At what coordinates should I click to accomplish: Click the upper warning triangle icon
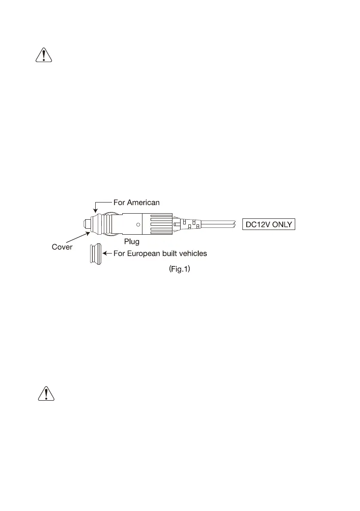[43, 56]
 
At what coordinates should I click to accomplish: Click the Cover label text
[62, 248]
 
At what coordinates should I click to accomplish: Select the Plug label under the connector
[132, 242]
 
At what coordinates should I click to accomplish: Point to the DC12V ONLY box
[269, 224]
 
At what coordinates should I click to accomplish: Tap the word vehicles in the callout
[192, 254]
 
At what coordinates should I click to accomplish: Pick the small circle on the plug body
[138, 224]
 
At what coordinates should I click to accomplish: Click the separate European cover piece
[95, 255]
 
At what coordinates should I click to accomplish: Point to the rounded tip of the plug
[85, 224]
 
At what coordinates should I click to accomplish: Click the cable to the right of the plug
[219, 224]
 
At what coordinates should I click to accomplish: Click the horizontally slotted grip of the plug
[160, 224]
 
